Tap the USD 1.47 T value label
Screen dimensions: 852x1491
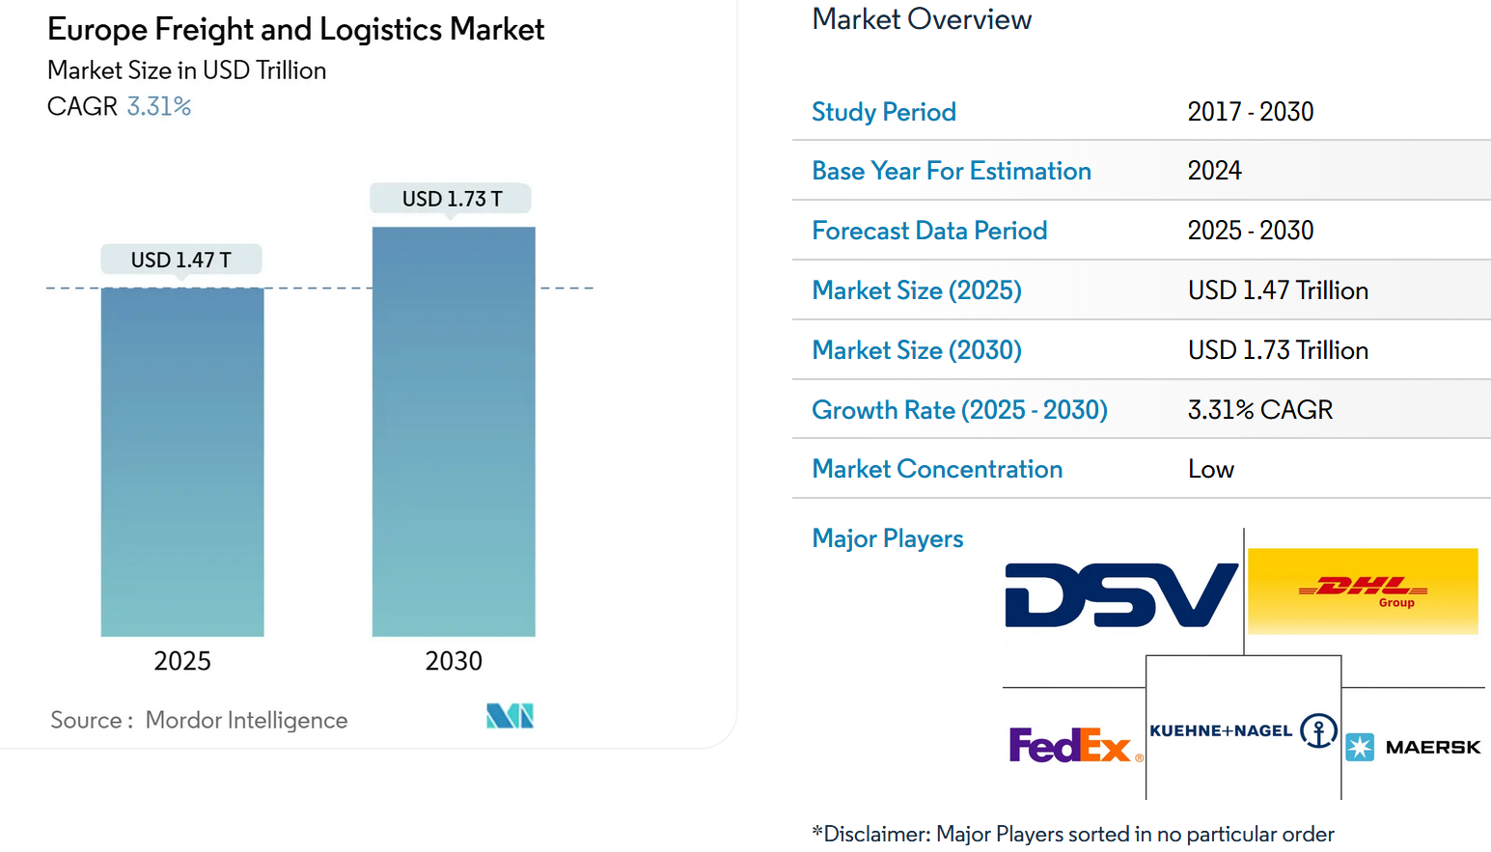(181, 260)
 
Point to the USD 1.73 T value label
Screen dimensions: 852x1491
(452, 199)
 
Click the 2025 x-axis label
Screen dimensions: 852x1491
(182, 661)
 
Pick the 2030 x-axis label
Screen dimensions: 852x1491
(454, 661)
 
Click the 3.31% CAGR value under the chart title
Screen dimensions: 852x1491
(159, 106)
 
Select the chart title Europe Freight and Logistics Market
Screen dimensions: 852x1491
(295, 30)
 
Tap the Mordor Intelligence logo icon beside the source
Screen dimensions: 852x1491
(510, 716)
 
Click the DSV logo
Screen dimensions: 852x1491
(1121, 594)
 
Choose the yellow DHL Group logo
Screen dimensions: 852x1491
(1363, 591)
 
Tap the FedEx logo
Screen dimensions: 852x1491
(1070, 745)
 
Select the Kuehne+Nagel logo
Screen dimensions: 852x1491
(1242, 730)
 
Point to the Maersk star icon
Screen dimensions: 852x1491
(1360, 747)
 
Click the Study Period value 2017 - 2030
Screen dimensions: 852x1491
(1250, 112)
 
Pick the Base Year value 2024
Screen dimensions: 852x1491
(1214, 171)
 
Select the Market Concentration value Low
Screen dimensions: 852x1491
(1210, 469)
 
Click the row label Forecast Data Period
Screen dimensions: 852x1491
(929, 231)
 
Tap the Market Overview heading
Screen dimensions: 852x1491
(922, 19)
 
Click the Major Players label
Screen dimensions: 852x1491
(887, 538)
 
